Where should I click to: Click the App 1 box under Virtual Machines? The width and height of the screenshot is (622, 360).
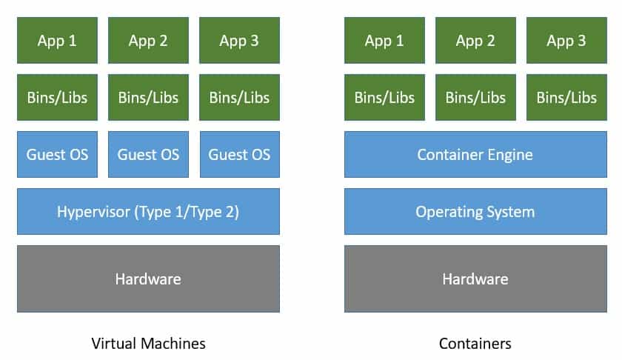point(57,41)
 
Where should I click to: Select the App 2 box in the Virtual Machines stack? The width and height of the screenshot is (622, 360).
point(148,41)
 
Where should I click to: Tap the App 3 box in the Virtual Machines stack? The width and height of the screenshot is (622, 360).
point(239,41)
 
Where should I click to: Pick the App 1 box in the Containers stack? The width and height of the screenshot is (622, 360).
point(384,41)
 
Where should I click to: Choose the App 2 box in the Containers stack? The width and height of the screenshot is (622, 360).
point(475,41)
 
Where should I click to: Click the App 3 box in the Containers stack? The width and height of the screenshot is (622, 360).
point(566,41)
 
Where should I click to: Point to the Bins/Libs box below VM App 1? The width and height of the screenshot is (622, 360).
point(57,98)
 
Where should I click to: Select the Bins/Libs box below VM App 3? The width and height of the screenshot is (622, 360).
point(239,98)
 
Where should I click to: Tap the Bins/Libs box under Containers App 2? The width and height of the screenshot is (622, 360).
point(475,98)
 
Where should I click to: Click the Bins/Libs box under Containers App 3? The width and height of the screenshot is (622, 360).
point(566,98)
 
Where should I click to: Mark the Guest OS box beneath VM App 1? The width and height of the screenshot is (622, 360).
point(57,155)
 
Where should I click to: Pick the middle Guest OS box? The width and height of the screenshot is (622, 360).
point(148,155)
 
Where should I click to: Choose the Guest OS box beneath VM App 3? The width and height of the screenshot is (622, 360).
point(239,155)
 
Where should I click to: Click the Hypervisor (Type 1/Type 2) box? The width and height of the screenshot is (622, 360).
point(148,212)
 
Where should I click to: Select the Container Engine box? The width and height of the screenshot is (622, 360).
point(475,155)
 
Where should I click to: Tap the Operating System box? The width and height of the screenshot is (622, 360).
point(475,212)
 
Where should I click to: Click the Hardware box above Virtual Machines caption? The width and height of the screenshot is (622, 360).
point(148,279)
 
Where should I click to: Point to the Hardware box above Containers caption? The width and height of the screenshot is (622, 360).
point(475,279)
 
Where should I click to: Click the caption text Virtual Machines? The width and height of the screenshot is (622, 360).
point(148,343)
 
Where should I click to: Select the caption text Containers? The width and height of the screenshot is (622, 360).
point(475,343)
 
